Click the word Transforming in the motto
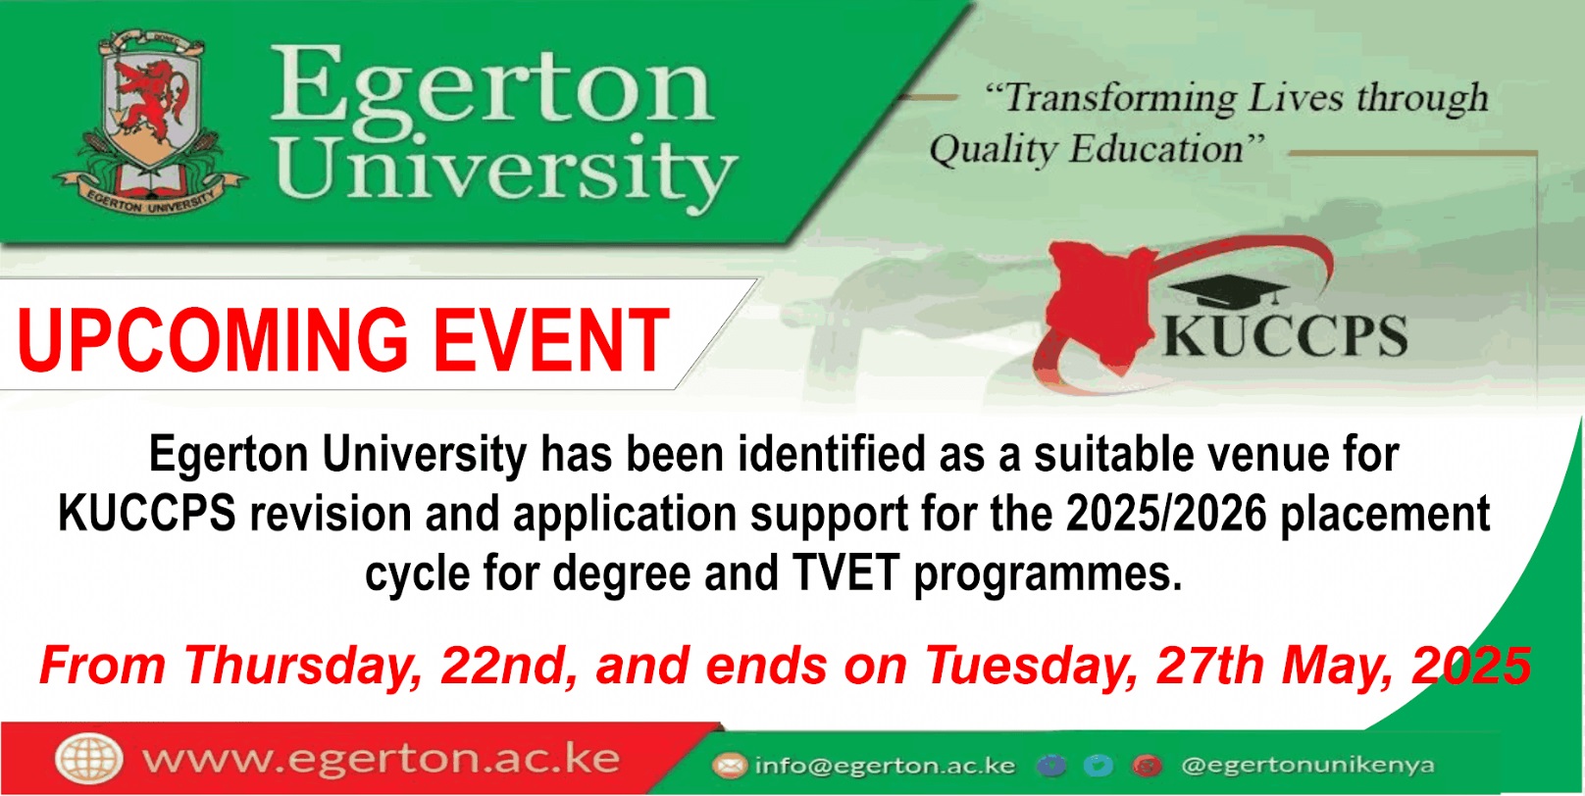pyautogui.click(x=1119, y=99)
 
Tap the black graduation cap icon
pyautogui.click(x=1229, y=291)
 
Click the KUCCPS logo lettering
pyautogui.click(x=1285, y=336)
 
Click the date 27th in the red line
pyautogui.click(x=1211, y=666)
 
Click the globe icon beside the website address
pyautogui.click(x=89, y=760)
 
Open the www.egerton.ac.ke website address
pyautogui.click(x=382, y=759)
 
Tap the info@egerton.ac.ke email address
pyautogui.click(x=886, y=766)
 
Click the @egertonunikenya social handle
pyautogui.click(x=1307, y=766)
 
